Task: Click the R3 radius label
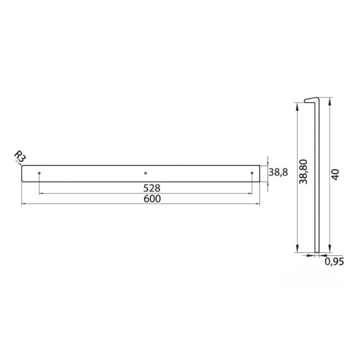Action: [x=20, y=156]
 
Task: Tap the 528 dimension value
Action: [x=152, y=188]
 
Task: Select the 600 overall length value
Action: [x=152, y=199]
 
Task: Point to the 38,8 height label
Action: [x=278, y=172]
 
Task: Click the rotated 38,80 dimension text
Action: [x=303, y=171]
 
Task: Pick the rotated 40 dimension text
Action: [x=335, y=175]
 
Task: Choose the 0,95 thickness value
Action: [x=334, y=261]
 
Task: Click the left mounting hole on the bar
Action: [x=39, y=173]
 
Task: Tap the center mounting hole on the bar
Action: [x=145, y=173]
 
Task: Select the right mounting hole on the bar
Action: [x=252, y=173]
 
